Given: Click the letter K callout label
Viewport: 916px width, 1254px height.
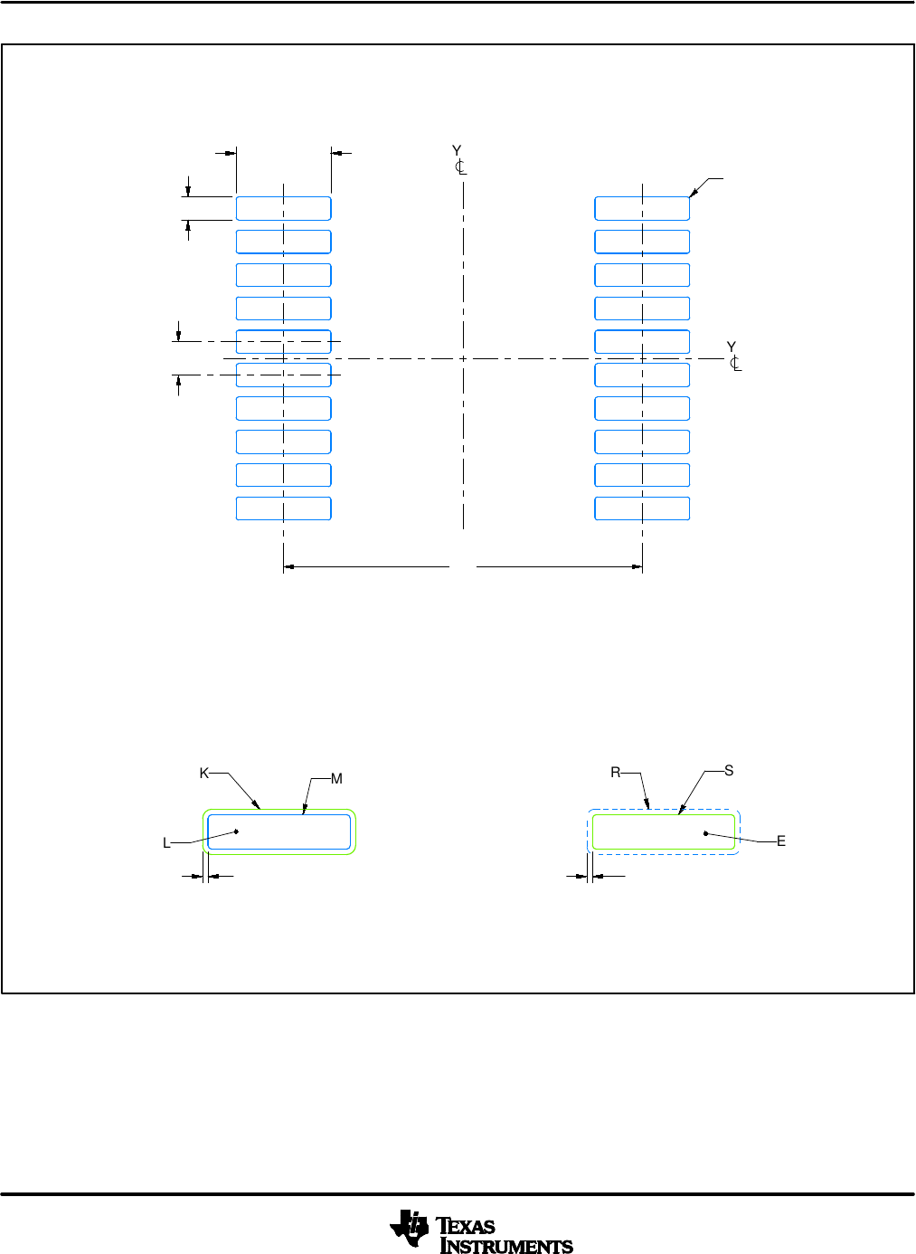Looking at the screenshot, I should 204,774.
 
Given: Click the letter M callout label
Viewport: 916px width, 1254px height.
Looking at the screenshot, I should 336,779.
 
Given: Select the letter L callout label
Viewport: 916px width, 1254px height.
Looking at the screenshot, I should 166,843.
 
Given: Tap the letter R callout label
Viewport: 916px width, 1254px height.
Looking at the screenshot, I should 615,773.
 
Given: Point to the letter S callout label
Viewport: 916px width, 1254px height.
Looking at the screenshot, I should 729,771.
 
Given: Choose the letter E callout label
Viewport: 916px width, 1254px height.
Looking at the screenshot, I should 781,841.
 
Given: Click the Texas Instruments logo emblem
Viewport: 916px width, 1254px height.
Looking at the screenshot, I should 410,1229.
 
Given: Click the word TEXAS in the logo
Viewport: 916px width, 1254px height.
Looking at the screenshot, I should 467,1226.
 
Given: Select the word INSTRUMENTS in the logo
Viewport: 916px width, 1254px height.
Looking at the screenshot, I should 506,1247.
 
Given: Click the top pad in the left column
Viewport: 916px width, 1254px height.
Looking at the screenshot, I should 283,208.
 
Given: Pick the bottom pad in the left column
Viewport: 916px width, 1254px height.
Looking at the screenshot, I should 283,508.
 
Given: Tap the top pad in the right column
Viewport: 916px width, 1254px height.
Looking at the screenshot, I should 642,208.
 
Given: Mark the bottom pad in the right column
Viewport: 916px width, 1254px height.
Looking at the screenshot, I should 642,508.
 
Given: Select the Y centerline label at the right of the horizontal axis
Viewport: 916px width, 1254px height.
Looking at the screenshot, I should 732,355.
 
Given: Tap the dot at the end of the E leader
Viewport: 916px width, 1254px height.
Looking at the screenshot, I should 705,832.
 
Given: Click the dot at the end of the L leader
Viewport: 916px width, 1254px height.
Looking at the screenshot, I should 236,831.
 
